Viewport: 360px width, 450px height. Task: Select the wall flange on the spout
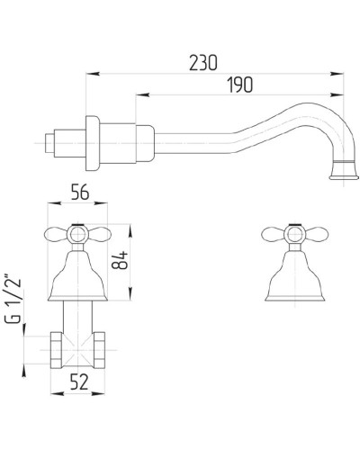[x=91, y=142]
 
